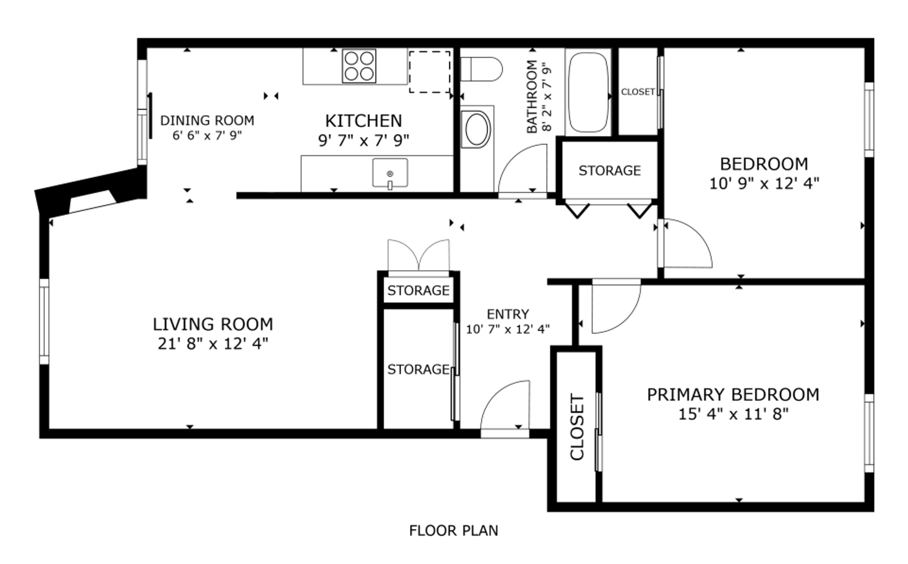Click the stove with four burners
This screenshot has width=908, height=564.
[359, 66]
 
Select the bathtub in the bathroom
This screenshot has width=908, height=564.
[588, 93]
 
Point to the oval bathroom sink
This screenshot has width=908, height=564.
[478, 129]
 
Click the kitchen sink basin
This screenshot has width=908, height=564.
[390, 173]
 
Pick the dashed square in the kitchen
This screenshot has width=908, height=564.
[429, 72]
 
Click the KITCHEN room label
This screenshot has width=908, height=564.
[364, 121]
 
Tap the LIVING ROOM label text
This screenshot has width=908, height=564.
[213, 324]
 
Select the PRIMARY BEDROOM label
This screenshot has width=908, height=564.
[733, 395]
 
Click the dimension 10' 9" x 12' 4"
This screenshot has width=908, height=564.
[764, 183]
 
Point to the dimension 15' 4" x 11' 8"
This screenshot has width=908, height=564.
[733, 414]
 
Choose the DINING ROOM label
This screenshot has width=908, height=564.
[207, 121]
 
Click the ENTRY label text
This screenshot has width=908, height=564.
[508, 314]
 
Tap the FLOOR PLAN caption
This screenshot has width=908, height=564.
[454, 531]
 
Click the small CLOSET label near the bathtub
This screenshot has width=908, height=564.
[638, 92]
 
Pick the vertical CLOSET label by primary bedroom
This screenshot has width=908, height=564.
[577, 427]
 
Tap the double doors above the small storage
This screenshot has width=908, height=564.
[419, 256]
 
